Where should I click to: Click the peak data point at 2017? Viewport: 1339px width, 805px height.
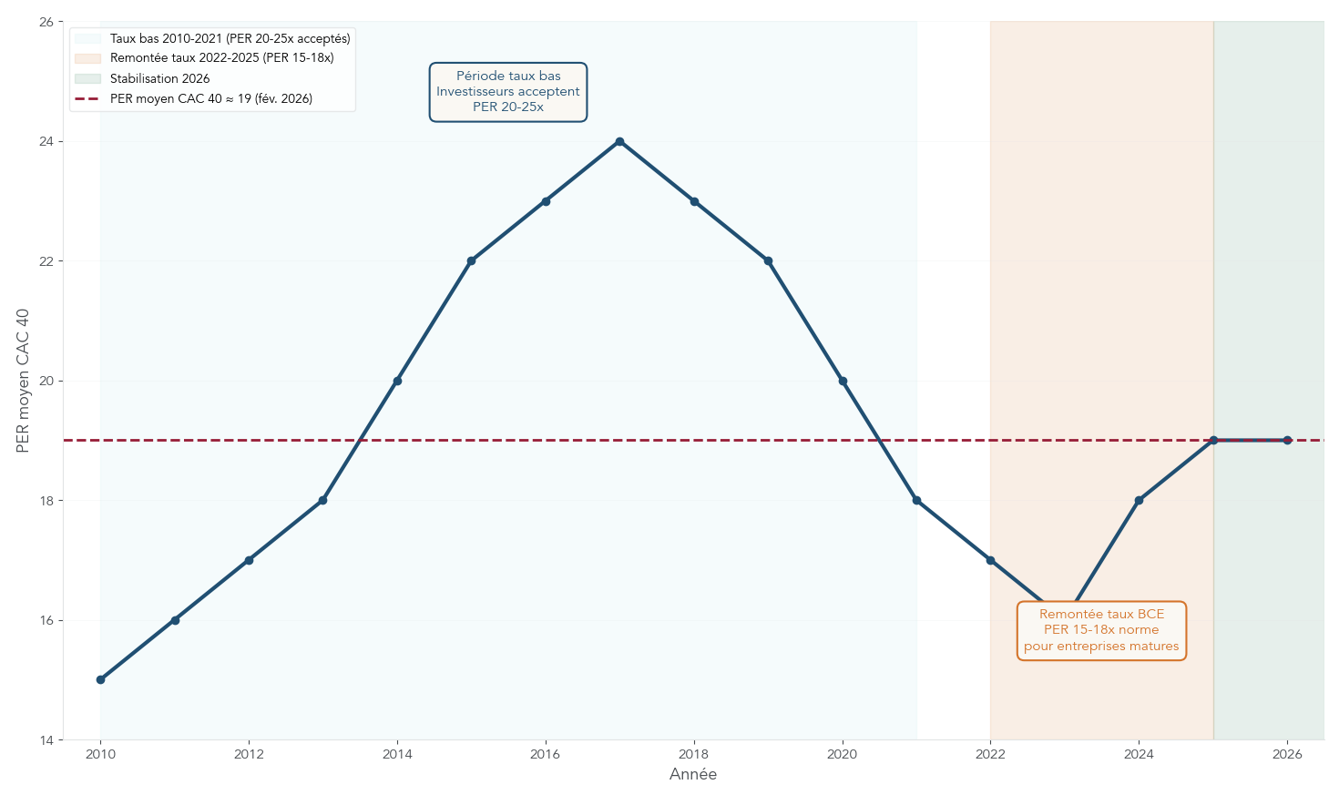[x=619, y=141]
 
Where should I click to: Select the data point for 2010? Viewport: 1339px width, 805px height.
[x=100, y=679]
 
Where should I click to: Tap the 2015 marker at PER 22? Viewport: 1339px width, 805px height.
[x=471, y=261]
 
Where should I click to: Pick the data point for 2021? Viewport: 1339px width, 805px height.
[x=916, y=500]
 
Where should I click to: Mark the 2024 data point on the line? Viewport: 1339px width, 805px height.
[x=1139, y=500]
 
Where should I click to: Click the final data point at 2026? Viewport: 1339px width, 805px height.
[x=1287, y=440]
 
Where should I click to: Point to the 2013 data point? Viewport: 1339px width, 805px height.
[x=322, y=500]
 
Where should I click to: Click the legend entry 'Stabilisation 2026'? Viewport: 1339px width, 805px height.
[x=159, y=78]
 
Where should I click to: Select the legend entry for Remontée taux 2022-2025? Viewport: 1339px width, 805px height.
[x=221, y=58]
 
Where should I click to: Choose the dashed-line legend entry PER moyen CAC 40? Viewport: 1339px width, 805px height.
[x=210, y=98]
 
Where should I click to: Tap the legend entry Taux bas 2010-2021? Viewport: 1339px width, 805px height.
[x=230, y=39]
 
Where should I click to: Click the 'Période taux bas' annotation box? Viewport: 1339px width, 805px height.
[x=508, y=92]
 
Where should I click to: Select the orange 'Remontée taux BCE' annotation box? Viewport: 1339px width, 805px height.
[x=1101, y=630]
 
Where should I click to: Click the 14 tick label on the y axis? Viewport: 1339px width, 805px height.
[x=46, y=740]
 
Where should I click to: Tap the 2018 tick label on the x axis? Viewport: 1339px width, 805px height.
[x=694, y=754]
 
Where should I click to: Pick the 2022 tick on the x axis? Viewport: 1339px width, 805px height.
[x=990, y=754]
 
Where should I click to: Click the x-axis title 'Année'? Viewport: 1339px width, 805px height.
[x=693, y=775]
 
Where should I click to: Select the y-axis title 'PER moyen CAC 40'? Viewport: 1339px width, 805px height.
[x=24, y=381]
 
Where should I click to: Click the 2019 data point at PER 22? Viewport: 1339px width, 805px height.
[x=768, y=261]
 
